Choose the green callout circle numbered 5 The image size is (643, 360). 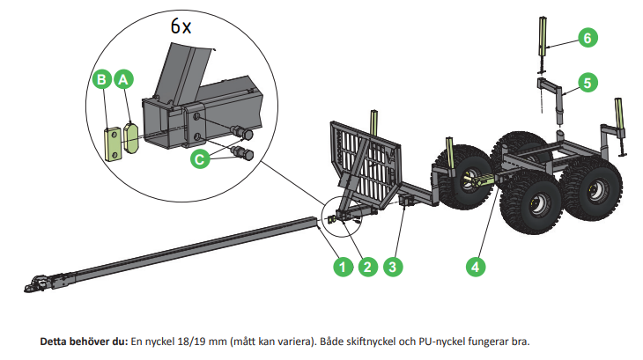coord(587,83)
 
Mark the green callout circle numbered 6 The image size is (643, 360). coord(587,37)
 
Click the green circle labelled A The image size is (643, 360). coord(124,79)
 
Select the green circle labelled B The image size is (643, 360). coord(101,79)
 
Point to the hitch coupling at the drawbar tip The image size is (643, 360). coord(34,284)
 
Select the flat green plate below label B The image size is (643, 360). coord(111,143)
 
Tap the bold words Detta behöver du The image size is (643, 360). coord(84,341)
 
